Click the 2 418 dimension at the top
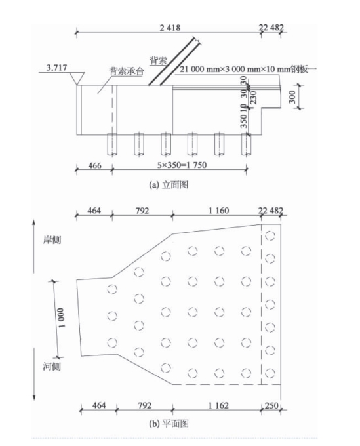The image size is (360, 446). [170, 28]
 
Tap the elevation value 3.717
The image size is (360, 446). [56, 68]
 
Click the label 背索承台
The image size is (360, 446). [127, 71]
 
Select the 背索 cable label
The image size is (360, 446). [159, 60]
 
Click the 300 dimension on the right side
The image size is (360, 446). [292, 96]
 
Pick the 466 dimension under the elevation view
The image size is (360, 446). [94, 165]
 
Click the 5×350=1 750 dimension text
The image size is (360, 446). [182, 165]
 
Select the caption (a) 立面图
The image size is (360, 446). [169, 185]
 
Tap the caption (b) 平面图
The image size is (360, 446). [169, 424]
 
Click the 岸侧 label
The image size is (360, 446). [52, 240]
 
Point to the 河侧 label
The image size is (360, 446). [52, 367]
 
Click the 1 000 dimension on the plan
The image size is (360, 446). [61, 317]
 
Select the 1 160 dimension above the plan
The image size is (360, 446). [218, 211]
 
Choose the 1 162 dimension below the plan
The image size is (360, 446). [218, 405]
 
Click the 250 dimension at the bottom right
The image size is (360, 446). [271, 405]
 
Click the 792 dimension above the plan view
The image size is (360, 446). [142, 211]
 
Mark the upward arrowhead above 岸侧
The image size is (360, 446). [34, 223]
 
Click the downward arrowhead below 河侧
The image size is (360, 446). [34, 397]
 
